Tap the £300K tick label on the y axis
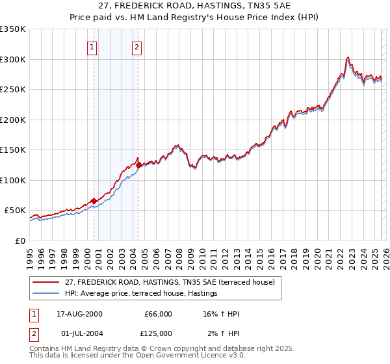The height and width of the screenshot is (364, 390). click(13, 59)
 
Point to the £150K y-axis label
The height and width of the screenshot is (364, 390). click(13, 149)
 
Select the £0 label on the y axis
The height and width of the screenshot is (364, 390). click(19, 240)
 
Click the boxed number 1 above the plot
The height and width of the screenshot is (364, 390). click(92, 46)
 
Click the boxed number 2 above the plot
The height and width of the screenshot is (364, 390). click(137, 46)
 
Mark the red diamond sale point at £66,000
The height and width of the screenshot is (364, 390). click(94, 201)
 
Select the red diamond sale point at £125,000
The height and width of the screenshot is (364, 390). click(138, 165)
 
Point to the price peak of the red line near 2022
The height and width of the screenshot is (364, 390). click(348, 57)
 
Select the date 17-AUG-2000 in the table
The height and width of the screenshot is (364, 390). click(75, 314)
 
